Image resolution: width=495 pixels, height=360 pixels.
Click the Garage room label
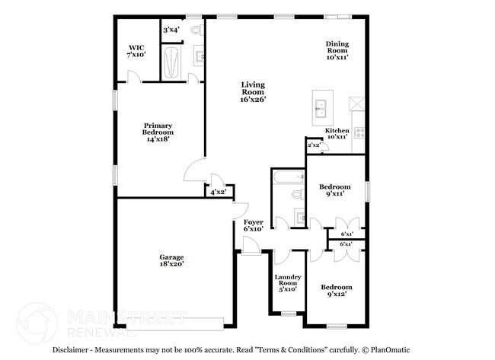[171, 260]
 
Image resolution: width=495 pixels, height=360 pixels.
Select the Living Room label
[253, 91]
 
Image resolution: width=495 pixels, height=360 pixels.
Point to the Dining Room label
[337, 49]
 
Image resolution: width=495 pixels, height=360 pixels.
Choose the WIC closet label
[136, 50]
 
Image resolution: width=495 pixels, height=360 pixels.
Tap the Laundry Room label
[287, 282]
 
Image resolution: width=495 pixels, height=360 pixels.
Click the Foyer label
[253, 225]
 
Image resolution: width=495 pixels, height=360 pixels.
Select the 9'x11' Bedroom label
[334, 190]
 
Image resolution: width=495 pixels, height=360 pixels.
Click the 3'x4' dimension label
[171, 30]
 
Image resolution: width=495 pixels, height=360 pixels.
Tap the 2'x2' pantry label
[313, 145]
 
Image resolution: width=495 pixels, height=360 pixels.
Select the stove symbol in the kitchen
[359, 130]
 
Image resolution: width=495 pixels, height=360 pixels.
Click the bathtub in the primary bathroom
[172, 64]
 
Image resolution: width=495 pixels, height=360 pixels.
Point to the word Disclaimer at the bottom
[74, 349]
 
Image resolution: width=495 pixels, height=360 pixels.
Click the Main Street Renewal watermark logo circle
[36, 323]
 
